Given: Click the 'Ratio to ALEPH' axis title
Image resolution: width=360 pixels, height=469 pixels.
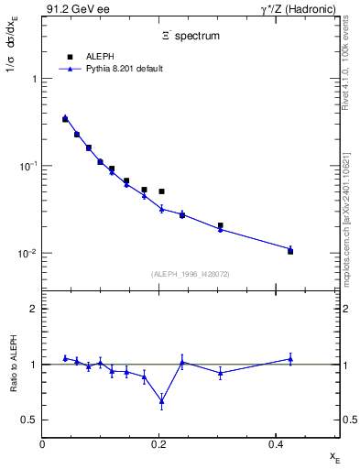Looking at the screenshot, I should tap(12, 365).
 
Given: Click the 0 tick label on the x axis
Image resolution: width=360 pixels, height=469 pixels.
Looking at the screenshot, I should tap(42, 444).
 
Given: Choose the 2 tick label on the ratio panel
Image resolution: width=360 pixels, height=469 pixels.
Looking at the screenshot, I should tap(33, 309).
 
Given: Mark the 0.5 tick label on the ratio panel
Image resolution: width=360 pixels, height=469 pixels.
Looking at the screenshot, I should tap(29, 420).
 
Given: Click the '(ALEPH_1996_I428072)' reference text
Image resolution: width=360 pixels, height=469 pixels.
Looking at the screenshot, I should tap(190, 274).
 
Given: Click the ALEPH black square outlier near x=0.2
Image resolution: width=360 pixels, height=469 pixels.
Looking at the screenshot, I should tap(161, 191).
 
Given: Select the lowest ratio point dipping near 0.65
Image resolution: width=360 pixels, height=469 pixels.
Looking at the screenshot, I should tap(161, 400).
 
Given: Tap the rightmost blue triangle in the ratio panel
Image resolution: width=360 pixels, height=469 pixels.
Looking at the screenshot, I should tap(290, 359).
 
